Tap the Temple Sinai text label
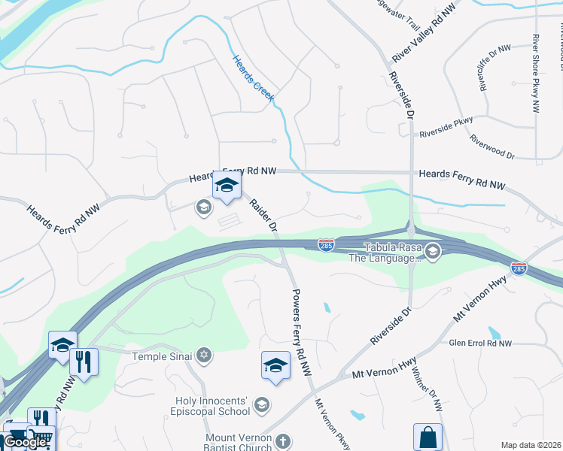pos(164,356)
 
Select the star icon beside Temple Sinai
pos(204,355)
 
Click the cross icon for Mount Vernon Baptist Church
pos(283,441)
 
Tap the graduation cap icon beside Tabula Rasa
pos(432,252)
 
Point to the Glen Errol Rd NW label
pos(479,344)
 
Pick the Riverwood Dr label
pos(491,147)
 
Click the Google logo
pos(25,442)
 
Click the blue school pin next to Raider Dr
pos(227,186)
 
